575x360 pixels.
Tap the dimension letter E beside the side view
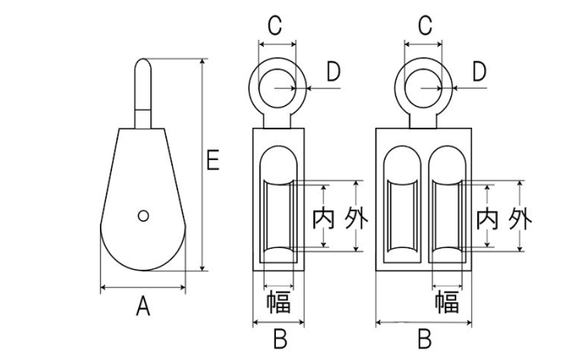pos(213,160)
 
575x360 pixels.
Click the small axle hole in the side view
pos(143,216)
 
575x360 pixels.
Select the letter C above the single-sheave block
pos(275,26)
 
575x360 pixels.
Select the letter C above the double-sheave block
pos(425,26)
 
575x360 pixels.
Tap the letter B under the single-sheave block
pos(280,340)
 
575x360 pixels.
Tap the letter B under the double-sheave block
pos(425,340)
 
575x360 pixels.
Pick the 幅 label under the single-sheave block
pos(279,302)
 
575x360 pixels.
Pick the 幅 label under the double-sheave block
pos(446,302)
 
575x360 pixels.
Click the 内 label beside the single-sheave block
pos(324,219)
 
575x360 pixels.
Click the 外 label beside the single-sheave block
pos(356,219)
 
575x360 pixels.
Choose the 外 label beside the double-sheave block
pos(519,219)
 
